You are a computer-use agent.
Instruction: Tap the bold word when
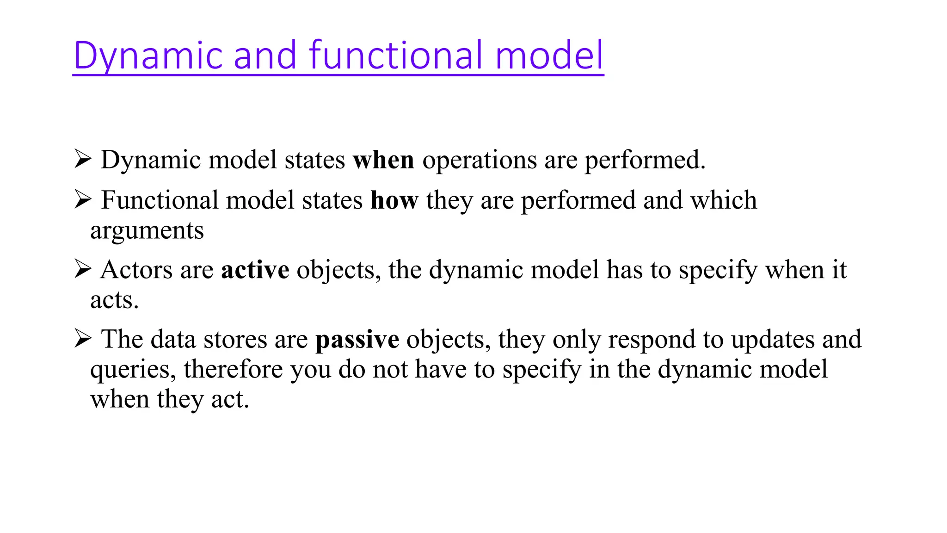click(383, 160)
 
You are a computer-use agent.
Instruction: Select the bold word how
click(394, 200)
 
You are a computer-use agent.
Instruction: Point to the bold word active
click(255, 270)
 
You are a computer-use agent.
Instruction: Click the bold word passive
click(357, 340)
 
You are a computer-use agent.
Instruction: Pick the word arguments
click(147, 231)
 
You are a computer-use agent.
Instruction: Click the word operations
click(479, 160)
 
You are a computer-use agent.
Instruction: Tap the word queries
click(133, 370)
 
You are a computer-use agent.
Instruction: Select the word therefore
click(234, 370)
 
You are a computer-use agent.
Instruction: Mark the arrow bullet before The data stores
click(83, 339)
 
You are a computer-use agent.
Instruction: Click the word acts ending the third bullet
click(114, 300)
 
